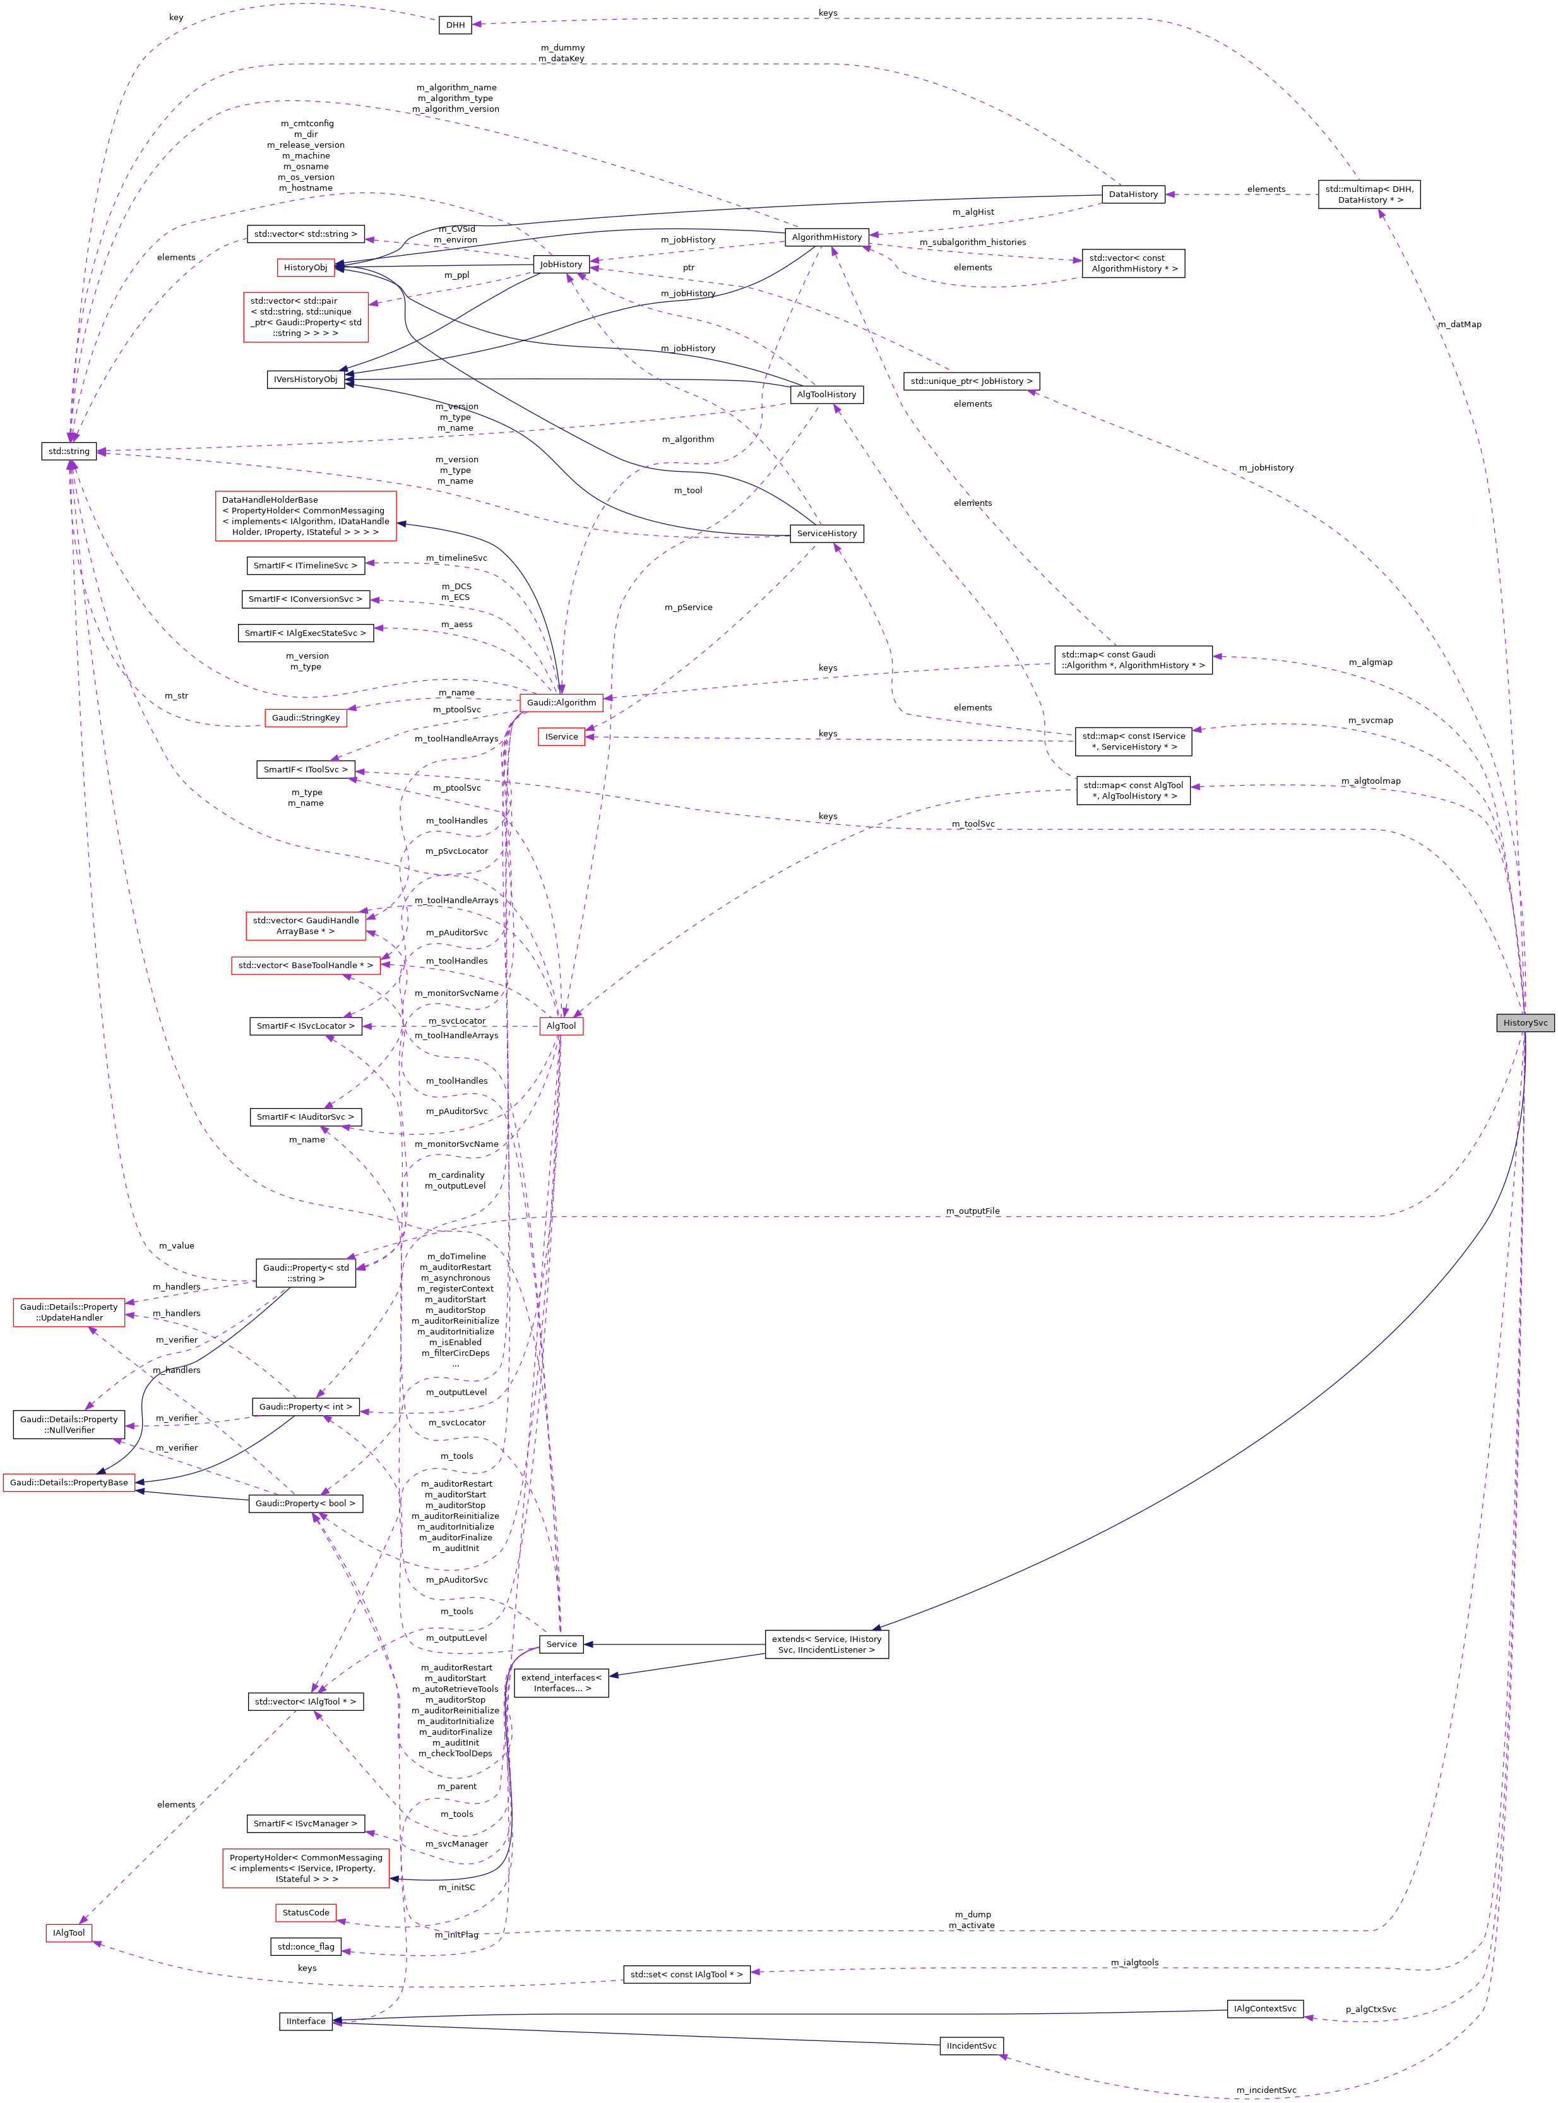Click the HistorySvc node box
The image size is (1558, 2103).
[1524, 1022]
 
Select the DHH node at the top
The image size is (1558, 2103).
[456, 25]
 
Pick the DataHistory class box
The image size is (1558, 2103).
[1133, 195]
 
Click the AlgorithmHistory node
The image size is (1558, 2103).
[826, 237]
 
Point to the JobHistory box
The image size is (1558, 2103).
[561, 264]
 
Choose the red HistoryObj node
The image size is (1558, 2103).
[306, 267]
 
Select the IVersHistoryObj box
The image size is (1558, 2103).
[306, 380]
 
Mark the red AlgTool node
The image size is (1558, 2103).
[561, 1026]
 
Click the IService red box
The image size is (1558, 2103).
[561, 737]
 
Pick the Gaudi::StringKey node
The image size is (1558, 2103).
[306, 718]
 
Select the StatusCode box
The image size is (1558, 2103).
[306, 1912]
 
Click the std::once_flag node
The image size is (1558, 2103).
[306, 1946]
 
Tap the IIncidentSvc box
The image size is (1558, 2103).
[972, 2046]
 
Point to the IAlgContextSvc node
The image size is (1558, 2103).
[1264, 2009]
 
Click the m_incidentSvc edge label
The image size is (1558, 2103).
[1266, 2090]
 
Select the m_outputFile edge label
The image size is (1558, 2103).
[972, 1211]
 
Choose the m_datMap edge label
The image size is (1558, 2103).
[1459, 325]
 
